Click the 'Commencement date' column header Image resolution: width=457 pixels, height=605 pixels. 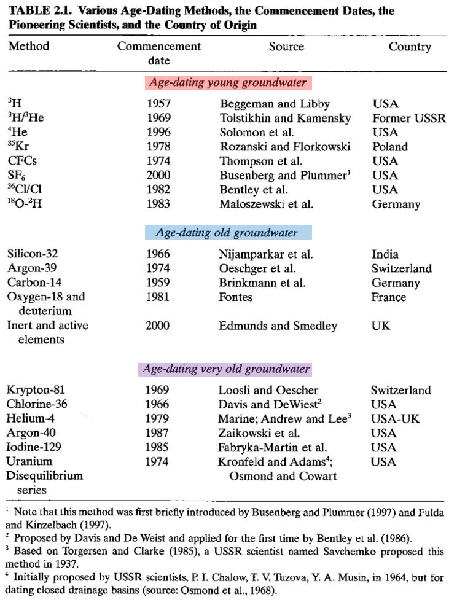tap(158, 53)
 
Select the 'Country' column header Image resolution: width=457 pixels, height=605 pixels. tap(409, 47)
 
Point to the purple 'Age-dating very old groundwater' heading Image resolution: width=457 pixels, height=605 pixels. tap(226, 369)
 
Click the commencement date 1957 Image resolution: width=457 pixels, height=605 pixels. tap(158, 104)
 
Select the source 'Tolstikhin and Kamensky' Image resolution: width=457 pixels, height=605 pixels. tap(284, 118)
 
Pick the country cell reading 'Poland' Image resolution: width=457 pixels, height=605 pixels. tap(389, 147)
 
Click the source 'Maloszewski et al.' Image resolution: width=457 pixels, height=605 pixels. tap(266, 205)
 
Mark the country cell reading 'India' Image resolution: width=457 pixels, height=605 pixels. tap(385, 254)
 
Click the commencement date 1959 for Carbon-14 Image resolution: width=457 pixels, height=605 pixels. tap(158, 283)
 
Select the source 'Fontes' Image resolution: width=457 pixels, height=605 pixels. tap(235, 297)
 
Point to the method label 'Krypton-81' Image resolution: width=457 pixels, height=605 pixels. tap(36, 390)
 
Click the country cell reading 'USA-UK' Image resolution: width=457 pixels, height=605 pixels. tap(394, 419)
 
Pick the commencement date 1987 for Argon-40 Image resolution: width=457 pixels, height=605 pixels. tap(158, 434)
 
